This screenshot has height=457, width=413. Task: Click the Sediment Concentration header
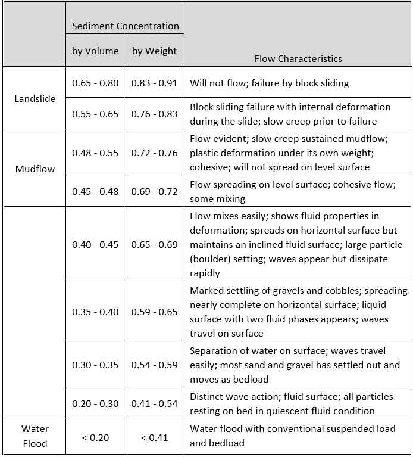(125, 26)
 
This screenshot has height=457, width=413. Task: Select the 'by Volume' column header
(95, 51)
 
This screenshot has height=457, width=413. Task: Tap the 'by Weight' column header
(154, 51)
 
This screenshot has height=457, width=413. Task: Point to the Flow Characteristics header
(298, 58)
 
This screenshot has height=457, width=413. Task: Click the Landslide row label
(35, 98)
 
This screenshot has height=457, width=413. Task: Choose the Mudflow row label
(35, 169)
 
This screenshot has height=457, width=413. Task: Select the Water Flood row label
(35, 436)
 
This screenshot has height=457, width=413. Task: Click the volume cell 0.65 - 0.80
(95, 83)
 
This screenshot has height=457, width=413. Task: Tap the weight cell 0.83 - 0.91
(155, 83)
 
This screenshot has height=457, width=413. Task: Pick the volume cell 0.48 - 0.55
(95, 153)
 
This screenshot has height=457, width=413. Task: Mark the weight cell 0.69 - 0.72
(155, 191)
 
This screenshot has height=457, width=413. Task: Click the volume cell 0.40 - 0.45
(95, 244)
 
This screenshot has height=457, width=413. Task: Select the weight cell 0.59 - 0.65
(155, 312)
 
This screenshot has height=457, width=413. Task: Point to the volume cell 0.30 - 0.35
(95, 365)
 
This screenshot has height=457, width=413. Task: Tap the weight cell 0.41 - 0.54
(155, 403)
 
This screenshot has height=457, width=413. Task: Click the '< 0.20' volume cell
(95, 437)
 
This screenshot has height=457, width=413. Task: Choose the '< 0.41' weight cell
(155, 437)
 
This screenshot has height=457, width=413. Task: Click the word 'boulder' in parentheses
(212, 259)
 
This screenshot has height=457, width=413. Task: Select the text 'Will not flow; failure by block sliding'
(269, 83)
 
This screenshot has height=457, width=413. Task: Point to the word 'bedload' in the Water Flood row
(227, 443)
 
